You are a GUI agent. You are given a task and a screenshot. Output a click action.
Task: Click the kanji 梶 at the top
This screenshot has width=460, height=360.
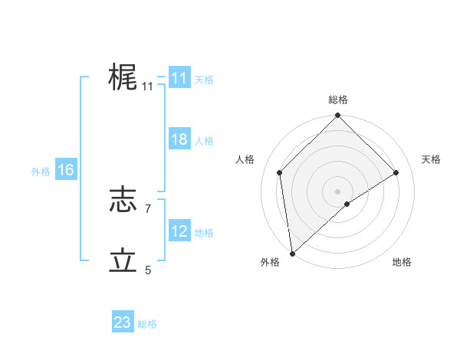[x=123, y=77]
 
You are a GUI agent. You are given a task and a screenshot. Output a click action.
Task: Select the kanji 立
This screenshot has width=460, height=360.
[x=123, y=260]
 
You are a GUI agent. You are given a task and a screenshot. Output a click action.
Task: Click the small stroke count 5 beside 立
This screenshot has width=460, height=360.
[x=148, y=270]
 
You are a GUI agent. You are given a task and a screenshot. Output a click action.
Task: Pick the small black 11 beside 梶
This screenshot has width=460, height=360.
[x=147, y=87]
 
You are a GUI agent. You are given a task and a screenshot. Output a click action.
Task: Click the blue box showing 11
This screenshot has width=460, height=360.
[x=179, y=78]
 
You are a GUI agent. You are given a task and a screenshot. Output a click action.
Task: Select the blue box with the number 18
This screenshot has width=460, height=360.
[x=179, y=139]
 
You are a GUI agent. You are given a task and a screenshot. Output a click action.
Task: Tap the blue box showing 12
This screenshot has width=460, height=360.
[x=179, y=231]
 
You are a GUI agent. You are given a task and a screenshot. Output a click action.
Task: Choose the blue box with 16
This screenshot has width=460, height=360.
[x=65, y=170]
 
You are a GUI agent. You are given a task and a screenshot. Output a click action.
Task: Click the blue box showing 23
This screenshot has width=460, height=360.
[x=122, y=322]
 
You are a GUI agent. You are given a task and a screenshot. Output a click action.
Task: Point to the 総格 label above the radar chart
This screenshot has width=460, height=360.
[x=338, y=100]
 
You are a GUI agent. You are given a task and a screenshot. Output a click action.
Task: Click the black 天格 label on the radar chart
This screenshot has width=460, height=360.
[x=431, y=159]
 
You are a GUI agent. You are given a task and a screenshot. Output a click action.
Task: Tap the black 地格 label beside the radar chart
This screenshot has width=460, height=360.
[x=402, y=262]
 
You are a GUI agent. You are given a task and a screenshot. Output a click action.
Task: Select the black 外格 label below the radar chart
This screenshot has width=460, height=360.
[x=270, y=262]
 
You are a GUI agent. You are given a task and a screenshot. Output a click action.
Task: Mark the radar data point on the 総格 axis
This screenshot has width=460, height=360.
[x=338, y=116]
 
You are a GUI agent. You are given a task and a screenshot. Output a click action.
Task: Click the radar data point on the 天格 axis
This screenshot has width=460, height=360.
[x=396, y=172]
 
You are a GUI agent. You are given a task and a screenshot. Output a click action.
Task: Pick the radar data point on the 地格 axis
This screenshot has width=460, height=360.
[x=347, y=204]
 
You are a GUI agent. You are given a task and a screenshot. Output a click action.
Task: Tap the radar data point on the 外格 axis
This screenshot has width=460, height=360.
[x=291, y=254]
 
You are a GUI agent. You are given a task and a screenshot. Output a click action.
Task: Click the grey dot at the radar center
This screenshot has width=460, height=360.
[x=338, y=191]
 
